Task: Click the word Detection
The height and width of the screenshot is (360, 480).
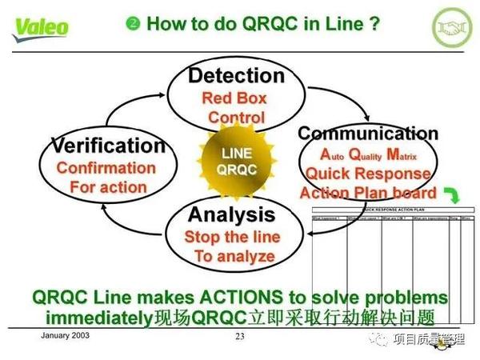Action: tap(236, 76)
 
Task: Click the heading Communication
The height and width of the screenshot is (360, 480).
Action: tap(367, 133)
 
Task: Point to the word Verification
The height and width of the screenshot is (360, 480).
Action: tap(108, 146)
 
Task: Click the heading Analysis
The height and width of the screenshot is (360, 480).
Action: tap(231, 214)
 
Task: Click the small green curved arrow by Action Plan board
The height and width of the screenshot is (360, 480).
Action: tap(453, 194)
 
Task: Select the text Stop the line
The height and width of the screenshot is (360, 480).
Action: tap(232, 237)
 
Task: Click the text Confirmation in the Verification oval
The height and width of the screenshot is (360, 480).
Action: tap(106, 168)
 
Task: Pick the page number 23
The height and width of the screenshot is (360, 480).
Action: tap(240, 336)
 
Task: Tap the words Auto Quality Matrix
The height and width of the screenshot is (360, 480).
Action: tap(367, 154)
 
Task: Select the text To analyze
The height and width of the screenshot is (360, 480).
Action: tap(234, 257)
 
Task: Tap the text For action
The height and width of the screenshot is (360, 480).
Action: tap(108, 188)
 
